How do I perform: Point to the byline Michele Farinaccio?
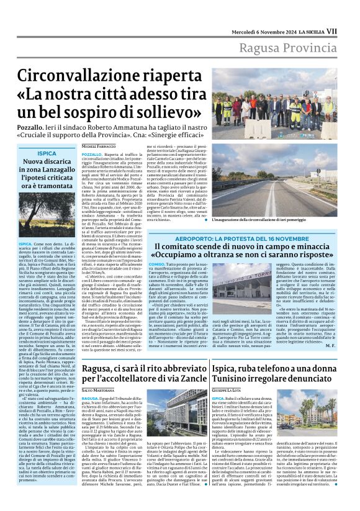pos(99,146)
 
